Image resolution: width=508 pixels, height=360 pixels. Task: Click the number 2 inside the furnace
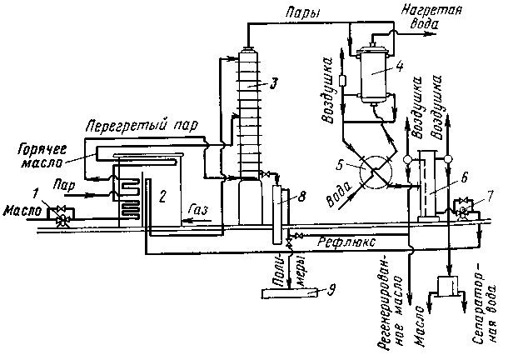tap(164, 198)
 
